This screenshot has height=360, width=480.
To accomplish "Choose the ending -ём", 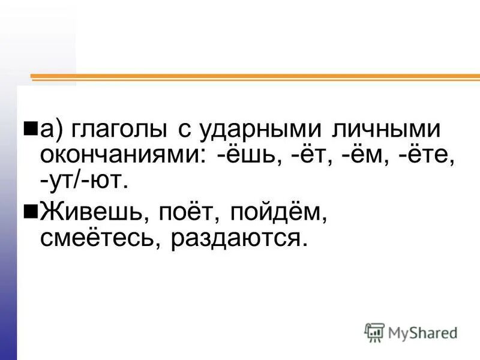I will (x=362, y=155).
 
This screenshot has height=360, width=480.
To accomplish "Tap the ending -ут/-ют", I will (x=84, y=181).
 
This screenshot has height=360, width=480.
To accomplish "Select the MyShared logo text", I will (x=422, y=332).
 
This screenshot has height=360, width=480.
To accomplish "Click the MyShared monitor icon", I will (x=374, y=332).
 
